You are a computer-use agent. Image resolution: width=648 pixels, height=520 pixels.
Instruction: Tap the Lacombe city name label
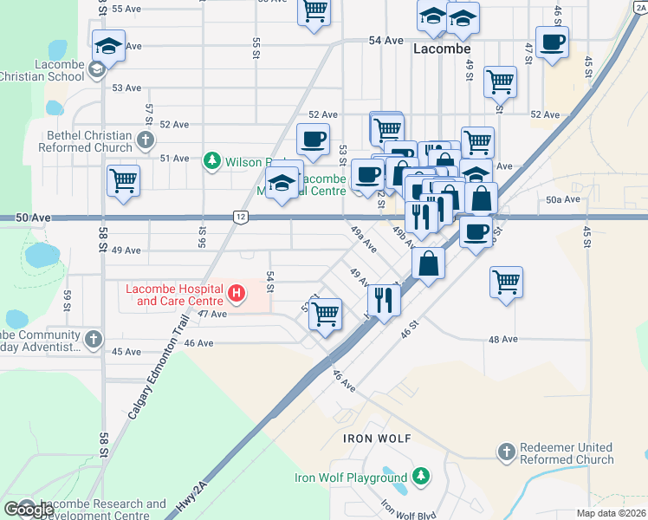(441, 49)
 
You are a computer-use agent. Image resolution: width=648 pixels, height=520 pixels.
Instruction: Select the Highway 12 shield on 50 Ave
(239, 216)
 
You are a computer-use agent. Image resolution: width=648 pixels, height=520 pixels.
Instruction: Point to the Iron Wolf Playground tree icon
(420, 477)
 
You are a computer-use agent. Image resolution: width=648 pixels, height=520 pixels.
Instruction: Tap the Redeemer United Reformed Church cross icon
(507, 452)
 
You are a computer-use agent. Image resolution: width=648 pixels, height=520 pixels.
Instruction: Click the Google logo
(29, 509)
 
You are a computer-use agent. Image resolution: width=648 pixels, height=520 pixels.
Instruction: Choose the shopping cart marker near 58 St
(124, 182)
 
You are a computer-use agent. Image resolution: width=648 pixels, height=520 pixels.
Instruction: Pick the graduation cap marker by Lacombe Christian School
(109, 45)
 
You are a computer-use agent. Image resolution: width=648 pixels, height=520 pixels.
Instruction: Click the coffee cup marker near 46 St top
(552, 42)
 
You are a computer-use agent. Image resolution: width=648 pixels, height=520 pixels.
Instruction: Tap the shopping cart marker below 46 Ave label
(325, 315)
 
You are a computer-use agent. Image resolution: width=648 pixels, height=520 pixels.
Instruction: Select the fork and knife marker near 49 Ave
(383, 299)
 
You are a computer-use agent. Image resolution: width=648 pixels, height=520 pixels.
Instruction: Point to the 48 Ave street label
(502, 339)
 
